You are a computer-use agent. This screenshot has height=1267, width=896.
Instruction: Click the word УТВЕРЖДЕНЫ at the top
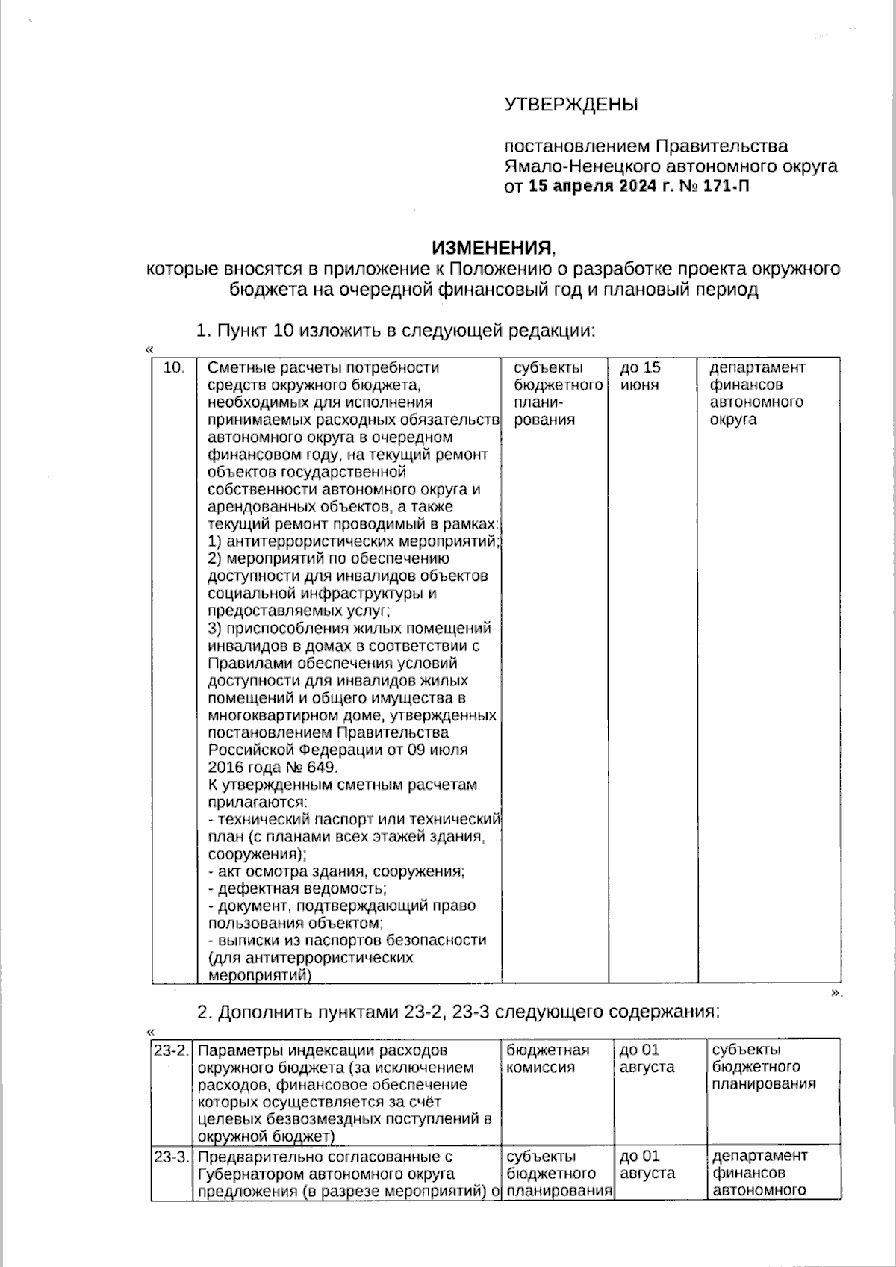pos(571,105)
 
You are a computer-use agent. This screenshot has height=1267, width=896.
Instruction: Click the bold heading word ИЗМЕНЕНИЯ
pos(493,247)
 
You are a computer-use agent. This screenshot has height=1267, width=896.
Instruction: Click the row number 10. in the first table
pos(173,368)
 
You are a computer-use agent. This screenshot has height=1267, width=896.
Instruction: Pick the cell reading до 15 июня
pos(641,376)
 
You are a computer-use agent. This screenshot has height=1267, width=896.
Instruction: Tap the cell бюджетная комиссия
pos(547,1059)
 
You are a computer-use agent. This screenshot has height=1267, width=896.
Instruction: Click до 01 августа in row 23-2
pos(647,1059)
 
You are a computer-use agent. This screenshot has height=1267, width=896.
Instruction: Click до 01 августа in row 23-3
pos(647,1165)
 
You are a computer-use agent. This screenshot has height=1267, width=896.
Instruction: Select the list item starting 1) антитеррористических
pos(353,541)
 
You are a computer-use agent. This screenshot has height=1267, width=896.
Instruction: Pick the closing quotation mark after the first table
pos(836,992)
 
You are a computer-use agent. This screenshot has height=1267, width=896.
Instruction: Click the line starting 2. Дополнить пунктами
pos(457,1012)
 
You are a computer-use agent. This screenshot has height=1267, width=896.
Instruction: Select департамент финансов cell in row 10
pos(756,393)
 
